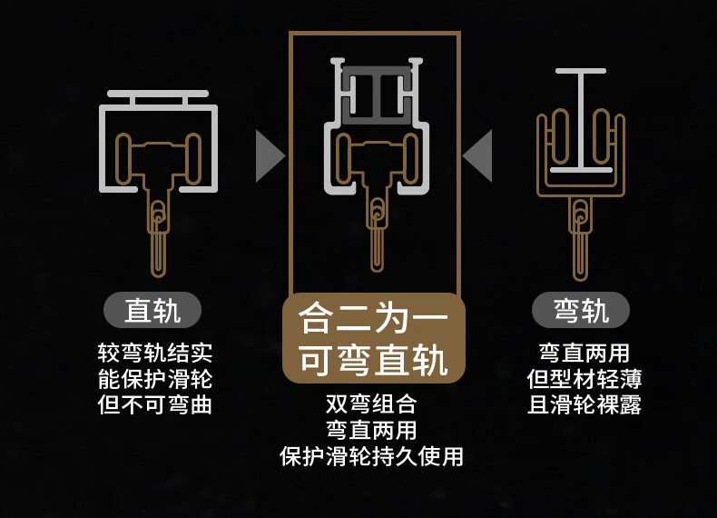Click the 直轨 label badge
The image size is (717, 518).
click(x=152, y=311)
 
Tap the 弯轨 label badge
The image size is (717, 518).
click(x=580, y=311)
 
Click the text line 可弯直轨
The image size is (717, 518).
click(x=374, y=361)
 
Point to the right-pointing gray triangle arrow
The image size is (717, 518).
click(x=269, y=155)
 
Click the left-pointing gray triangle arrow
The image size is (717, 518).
click(x=478, y=155)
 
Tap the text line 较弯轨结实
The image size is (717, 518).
click(x=154, y=353)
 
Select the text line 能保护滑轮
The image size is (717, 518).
click(x=154, y=378)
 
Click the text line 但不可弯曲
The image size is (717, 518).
click(x=154, y=404)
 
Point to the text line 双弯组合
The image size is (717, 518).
click(x=372, y=403)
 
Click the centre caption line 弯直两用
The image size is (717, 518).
click(x=372, y=430)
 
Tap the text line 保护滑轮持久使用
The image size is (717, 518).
click(x=372, y=456)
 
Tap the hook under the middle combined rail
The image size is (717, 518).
click(x=376, y=232)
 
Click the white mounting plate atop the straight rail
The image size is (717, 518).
click(x=158, y=95)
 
